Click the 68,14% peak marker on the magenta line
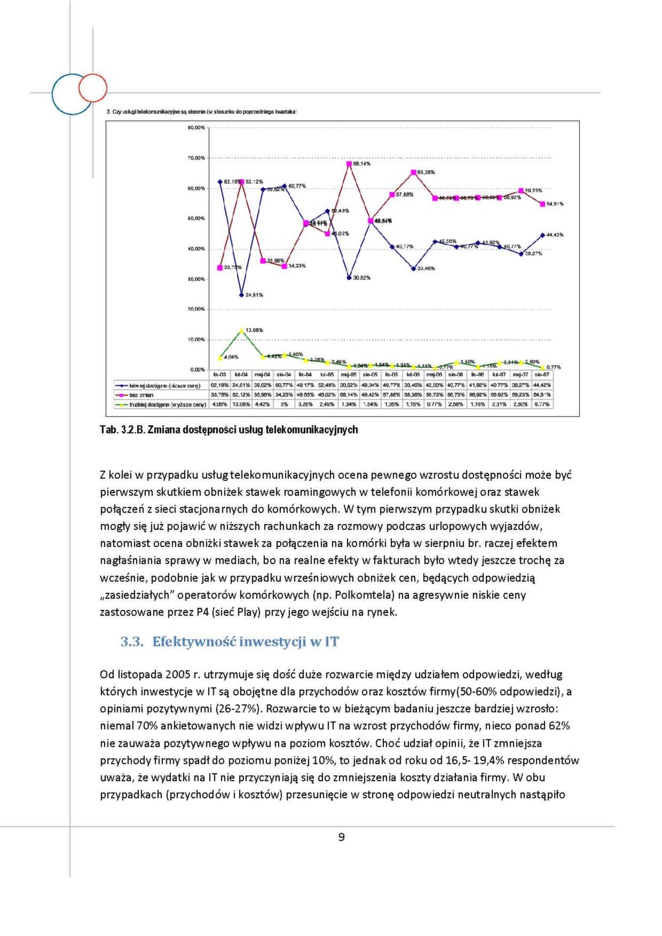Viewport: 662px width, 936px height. tap(349, 164)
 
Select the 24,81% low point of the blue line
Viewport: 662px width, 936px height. tap(242, 294)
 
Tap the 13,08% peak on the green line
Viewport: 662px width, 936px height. tap(242, 329)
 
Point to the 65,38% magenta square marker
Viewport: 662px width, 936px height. tap(413, 173)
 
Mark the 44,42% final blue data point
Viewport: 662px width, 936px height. tap(542, 235)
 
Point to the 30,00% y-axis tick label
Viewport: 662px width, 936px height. tap(196, 279)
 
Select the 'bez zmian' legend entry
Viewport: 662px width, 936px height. tap(141, 395)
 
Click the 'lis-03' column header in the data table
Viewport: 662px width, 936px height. tap(219, 375)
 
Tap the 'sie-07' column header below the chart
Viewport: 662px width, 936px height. tap(542, 375)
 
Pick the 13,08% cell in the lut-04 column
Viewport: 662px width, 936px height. tap(241, 404)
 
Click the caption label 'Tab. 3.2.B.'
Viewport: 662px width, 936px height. tap(122, 430)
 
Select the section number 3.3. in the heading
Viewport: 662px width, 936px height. tap(132, 642)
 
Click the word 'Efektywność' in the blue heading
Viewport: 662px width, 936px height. tap(194, 642)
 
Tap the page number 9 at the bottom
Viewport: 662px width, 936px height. tap(342, 837)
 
